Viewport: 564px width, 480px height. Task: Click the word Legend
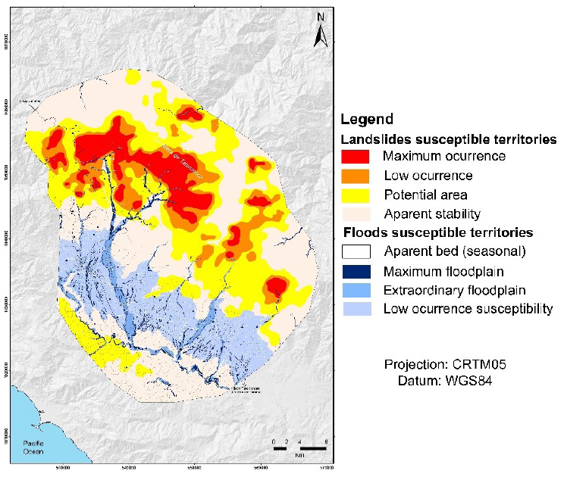click(367, 119)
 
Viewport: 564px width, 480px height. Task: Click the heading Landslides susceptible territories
click(450, 139)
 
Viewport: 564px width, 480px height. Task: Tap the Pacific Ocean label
click(33, 447)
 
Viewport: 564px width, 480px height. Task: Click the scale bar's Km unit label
click(300, 454)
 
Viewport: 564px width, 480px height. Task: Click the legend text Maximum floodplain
click(439, 270)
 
